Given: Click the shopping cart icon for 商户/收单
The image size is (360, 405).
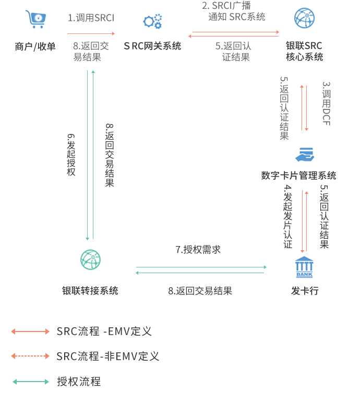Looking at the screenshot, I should [x=37, y=19].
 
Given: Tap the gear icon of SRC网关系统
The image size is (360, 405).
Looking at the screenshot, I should [x=152, y=21].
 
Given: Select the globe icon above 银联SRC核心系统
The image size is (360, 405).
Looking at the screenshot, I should [x=304, y=18].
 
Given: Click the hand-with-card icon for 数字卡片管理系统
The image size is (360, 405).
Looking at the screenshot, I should [x=304, y=155].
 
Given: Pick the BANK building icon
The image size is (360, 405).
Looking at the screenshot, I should [x=304, y=267].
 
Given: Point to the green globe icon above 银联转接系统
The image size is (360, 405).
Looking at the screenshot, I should [x=90, y=260].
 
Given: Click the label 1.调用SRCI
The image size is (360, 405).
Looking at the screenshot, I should [x=91, y=18].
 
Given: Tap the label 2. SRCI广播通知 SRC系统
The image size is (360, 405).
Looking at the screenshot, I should [x=233, y=11].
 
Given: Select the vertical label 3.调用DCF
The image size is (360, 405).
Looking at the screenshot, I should [x=326, y=103].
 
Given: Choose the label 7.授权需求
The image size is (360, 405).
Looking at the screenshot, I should [x=198, y=250].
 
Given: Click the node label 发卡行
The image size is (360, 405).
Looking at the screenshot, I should [x=304, y=291].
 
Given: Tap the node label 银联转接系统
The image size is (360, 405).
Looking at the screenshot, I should [x=90, y=291].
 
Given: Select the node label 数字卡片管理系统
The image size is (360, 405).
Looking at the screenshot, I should [x=298, y=176].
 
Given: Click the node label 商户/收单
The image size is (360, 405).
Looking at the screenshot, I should [x=35, y=47].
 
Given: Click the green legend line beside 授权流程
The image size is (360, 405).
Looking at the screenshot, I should [x=31, y=382].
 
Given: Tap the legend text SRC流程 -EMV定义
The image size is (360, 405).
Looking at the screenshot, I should [x=104, y=332].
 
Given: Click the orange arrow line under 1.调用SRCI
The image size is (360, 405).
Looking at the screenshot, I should [x=91, y=33].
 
